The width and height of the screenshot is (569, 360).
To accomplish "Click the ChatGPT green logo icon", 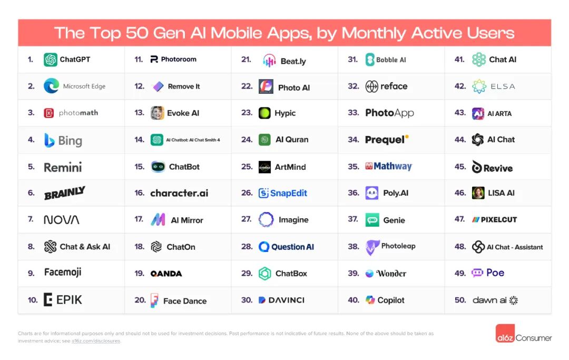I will (x=51, y=60).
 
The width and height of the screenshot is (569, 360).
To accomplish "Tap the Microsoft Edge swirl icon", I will (x=51, y=86).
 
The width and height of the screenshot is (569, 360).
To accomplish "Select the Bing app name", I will (x=70, y=141).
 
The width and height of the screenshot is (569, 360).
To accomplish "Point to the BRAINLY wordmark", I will (x=64, y=193).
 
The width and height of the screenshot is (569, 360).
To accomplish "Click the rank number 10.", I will (x=33, y=300).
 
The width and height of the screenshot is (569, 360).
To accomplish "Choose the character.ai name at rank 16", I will (x=179, y=193).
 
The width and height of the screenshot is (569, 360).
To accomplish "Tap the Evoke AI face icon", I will (x=157, y=113).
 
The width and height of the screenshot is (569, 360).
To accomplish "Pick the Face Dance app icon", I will (x=154, y=300).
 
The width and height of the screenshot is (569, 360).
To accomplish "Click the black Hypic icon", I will (x=264, y=113).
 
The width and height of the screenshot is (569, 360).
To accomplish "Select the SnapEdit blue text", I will (x=289, y=193).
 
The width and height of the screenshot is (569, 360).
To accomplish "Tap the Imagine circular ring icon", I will (x=266, y=220).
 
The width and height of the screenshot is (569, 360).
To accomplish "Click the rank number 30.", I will (x=247, y=300).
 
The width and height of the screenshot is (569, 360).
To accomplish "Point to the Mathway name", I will (x=393, y=166).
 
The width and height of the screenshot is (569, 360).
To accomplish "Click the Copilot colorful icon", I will (x=370, y=300).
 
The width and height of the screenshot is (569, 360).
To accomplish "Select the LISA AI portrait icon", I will (x=478, y=193).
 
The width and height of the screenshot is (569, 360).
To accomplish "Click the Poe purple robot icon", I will (x=477, y=273).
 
